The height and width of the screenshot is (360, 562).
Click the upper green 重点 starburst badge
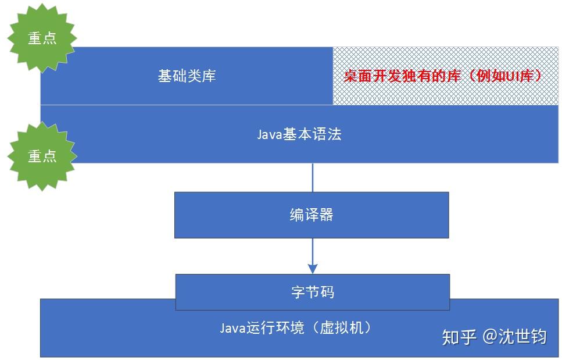[42, 38]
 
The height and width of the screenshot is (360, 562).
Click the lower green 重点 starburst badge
[42, 156]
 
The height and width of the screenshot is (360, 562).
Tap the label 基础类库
[187, 76]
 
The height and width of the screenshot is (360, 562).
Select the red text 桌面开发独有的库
[402, 76]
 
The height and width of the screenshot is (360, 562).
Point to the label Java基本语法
[299, 134]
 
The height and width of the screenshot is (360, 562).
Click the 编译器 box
[312, 215]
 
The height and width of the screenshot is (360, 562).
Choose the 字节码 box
[313, 292]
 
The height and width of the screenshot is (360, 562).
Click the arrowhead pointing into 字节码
[313, 269]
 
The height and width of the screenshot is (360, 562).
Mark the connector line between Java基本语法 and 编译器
[313, 177]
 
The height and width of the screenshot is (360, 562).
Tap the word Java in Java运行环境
[232, 328]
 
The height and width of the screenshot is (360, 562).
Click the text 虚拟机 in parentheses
[341, 327]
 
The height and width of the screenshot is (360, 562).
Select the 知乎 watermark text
[459, 337]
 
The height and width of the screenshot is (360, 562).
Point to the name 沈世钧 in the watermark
[522, 337]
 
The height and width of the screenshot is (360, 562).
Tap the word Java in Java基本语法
[270, 134]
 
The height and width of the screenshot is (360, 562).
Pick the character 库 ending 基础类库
[209, 76]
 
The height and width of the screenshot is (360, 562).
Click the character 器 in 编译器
[326, 215]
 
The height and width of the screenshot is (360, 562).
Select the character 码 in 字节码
[327, 292]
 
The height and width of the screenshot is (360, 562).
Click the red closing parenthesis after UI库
[538, 76]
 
